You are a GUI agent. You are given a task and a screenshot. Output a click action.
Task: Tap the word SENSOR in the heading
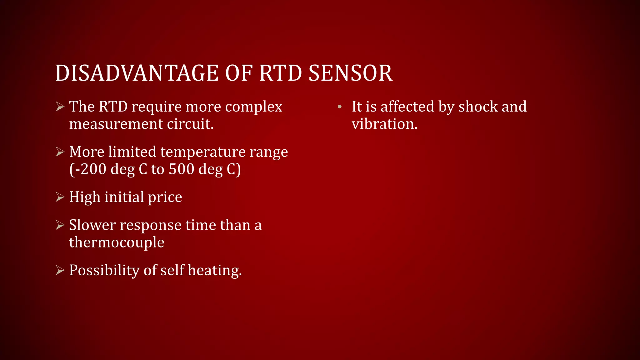350,73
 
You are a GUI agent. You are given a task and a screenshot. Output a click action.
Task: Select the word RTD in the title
280,73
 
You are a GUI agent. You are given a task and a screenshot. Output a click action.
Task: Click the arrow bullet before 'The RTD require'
60,107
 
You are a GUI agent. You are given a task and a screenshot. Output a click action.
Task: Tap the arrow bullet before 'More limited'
60,152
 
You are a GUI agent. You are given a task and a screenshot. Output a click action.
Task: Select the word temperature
203,152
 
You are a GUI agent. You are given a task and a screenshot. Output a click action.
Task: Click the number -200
89,169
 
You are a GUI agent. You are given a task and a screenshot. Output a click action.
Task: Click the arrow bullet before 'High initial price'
60,197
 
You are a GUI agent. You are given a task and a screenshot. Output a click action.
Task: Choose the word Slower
92,225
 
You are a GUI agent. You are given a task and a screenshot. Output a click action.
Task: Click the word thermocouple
117,242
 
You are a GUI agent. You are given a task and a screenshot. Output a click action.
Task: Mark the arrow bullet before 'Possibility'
60,270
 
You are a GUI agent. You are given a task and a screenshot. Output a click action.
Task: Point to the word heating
215,271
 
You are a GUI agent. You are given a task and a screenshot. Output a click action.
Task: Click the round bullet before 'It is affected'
340,107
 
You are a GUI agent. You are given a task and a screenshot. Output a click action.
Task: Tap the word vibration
384,124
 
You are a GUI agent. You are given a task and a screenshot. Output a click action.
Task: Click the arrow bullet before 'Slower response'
60,225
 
